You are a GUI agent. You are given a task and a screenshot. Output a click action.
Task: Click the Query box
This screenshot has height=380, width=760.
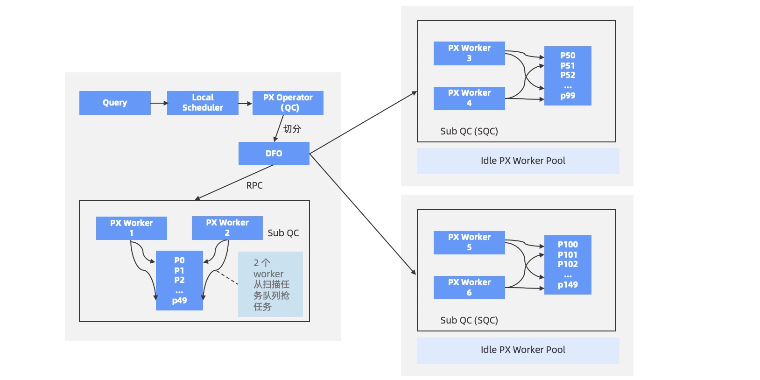115,103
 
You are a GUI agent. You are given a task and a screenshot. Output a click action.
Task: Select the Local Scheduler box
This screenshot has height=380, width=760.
203,103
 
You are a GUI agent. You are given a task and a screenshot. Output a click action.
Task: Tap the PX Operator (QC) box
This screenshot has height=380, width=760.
288,103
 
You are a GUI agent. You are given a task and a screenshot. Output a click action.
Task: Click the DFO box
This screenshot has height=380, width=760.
274,154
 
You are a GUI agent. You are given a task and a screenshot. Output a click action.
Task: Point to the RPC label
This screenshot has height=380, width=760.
254,185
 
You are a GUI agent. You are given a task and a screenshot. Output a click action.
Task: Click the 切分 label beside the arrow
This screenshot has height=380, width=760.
292,129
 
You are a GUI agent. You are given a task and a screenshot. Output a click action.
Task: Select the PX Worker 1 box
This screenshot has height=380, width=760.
131,228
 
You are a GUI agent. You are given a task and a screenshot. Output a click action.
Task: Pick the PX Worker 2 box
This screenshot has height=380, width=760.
227,228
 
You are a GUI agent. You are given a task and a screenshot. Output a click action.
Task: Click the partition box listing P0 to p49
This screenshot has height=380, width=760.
179,280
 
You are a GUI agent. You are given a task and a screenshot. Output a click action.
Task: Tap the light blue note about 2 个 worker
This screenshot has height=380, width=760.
270,284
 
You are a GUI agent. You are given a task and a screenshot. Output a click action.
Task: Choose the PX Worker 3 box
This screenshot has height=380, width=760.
469,53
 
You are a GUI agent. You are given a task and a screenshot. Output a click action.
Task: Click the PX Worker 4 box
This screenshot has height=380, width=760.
469,98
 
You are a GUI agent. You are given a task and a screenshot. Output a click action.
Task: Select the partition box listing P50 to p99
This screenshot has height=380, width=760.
568,76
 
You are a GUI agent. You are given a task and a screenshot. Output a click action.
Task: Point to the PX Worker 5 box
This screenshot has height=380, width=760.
469,242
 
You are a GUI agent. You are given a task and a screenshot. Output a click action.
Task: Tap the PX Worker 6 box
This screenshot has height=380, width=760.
469,287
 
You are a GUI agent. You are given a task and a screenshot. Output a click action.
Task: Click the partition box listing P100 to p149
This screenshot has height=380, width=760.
568,265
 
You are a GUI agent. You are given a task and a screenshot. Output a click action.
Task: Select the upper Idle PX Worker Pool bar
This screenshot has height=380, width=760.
518,161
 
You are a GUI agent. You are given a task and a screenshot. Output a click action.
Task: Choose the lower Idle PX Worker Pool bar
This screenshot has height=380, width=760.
518,350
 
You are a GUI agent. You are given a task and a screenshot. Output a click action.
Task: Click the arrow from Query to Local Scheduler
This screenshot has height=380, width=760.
159,103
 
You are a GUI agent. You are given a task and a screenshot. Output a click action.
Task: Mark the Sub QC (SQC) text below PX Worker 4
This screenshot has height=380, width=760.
469,131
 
